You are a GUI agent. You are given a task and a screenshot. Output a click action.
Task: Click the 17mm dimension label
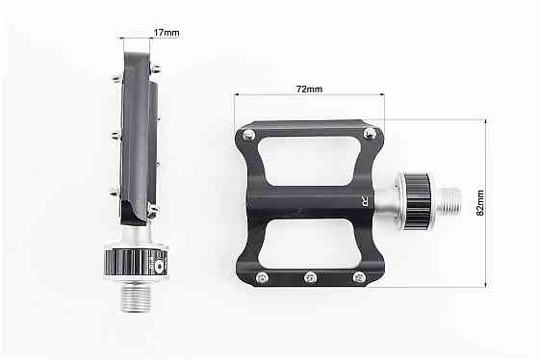pyautogui.click(x=167, y=33)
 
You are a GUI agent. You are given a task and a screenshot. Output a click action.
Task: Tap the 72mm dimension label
pyautogui.click(x=309, y=90)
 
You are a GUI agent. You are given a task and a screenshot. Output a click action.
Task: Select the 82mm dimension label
pyautogui.click(x=480, y=203)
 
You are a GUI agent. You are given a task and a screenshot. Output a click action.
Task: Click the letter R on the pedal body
pyautogui.click(x=365, y=202)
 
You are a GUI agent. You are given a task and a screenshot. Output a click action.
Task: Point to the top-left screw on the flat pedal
pyautogui.click(x=248, y=135)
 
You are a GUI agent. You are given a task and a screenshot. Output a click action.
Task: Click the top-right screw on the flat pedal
pyautogui.click(x=370, y=134)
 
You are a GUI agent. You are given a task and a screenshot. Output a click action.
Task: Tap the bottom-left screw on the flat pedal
pyautogui.click(x=262, y=277)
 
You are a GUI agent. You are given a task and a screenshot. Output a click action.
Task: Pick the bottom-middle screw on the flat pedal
pyautogui.click(x=311, y=277)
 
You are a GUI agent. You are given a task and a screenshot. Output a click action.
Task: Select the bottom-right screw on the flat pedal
pyautogui.click(x=360, y=277)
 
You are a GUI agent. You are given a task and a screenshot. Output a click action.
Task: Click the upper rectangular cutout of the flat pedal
pyautogui.click(x=309, y=162)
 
